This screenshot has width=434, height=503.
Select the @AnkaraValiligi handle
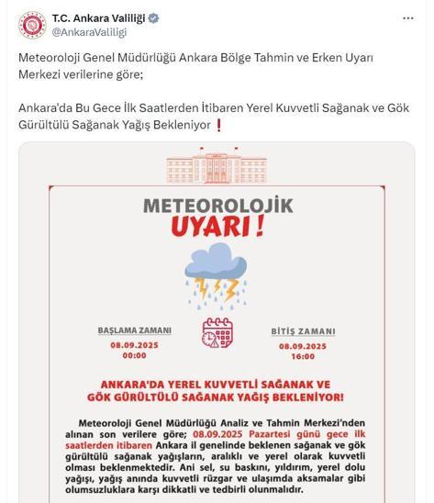(x=89, y=31)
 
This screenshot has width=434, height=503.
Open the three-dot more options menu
(x=408, y=18)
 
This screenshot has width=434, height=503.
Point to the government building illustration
(x=217, y=169)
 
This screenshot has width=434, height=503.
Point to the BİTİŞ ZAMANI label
(x=303, y=331)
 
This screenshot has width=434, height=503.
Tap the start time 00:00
(x=135, y=355)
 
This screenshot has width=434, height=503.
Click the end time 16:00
(x=303, y=356)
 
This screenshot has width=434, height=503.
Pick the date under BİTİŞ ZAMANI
(x=303, y=344)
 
